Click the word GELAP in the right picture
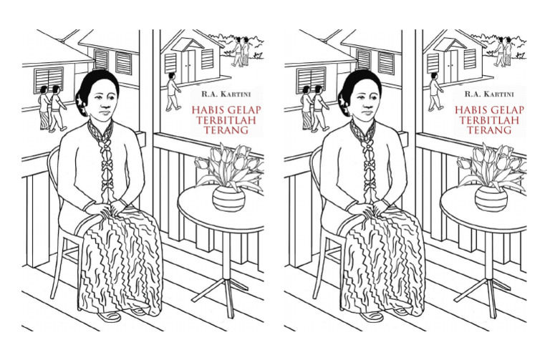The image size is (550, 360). point(506,110)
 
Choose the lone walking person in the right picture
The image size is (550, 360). point(435,92)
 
